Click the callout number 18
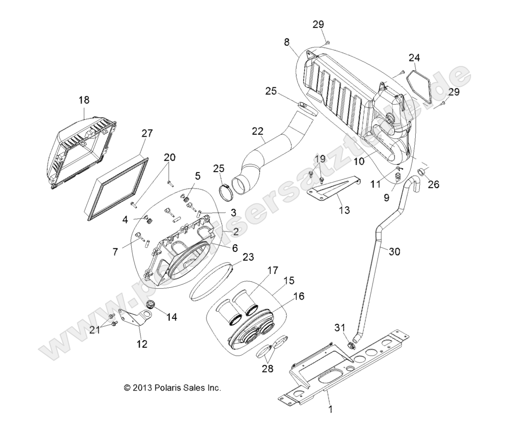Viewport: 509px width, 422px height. click(83, 100)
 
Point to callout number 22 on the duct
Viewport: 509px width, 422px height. click(257, 131)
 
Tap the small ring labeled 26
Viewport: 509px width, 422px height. click(421, 174)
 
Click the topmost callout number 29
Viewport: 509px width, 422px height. click(319, 24)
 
